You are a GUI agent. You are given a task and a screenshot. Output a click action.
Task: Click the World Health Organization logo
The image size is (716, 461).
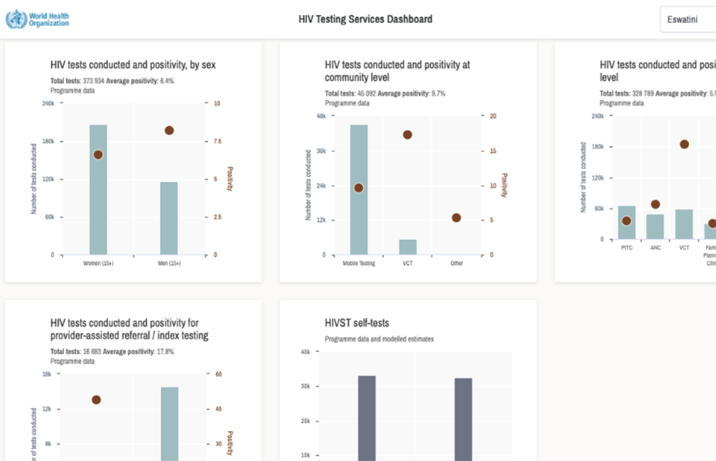pos(37,19)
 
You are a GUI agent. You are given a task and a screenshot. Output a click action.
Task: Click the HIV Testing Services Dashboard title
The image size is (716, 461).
pos(365,19)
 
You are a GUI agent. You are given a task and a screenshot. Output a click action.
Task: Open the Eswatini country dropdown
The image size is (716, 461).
pos(686,19)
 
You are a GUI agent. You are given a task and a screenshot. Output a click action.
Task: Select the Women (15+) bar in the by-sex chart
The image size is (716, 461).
pos(98,189)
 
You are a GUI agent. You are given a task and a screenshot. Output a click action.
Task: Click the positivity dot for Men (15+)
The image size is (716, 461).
pos(169,131)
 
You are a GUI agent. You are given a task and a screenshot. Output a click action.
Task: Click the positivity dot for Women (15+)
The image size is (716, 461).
pos(98,154)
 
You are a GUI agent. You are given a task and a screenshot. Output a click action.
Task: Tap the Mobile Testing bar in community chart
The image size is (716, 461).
pos(359,189)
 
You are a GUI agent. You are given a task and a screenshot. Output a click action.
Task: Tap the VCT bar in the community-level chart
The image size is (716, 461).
pos(408,247)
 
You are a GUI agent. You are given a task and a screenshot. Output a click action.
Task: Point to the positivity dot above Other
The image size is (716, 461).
pos(456,218)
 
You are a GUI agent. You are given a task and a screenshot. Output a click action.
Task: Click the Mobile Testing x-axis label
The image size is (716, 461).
pos(359,263)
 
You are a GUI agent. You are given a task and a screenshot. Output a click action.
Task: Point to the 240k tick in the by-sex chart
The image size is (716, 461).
pos(48,104)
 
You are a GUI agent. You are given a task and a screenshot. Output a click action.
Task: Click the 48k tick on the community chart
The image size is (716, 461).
pos(321,116)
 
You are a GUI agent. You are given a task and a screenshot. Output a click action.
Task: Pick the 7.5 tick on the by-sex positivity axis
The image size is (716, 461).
pos(215,142)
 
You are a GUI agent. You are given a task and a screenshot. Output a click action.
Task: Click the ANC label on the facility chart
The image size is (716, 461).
pos(656,247)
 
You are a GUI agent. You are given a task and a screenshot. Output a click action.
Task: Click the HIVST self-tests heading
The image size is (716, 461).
pos(357,323)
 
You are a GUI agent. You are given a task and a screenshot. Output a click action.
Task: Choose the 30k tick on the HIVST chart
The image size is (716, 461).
pos(305,386)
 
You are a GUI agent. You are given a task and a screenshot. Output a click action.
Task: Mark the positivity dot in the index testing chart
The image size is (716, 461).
pos(96,400)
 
